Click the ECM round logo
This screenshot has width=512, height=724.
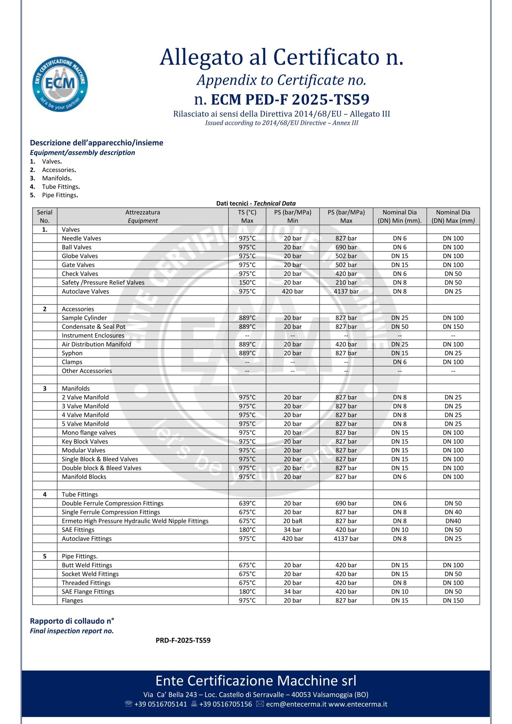[x=60, y=84]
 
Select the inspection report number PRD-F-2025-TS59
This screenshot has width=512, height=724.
[x=183, y=640]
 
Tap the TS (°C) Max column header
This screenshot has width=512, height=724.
[x=247, y=216]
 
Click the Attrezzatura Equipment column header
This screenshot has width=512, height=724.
[x=143, y=216]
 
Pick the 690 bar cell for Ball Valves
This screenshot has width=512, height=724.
[x=346, y=247]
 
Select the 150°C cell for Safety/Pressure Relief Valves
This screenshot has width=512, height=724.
[x=247, y=282]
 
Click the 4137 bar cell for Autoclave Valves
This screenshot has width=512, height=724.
[x=346, y=291]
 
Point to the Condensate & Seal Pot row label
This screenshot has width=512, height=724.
[x=93, y=327]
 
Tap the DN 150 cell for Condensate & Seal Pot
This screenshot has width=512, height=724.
[x=453, y=327]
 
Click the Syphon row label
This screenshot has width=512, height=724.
[x=72, y=353]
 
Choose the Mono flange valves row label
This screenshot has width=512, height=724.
[x=89, y=433]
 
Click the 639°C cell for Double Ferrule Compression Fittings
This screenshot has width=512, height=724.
[x=247, y=503]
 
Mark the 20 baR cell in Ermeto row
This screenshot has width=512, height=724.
[x=292, y=521]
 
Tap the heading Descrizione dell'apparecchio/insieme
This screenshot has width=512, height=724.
[x=96, y=143]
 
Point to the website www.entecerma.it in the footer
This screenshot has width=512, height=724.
[x=358, y=704]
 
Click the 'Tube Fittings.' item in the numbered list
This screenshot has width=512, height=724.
[x=61, y=187]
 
